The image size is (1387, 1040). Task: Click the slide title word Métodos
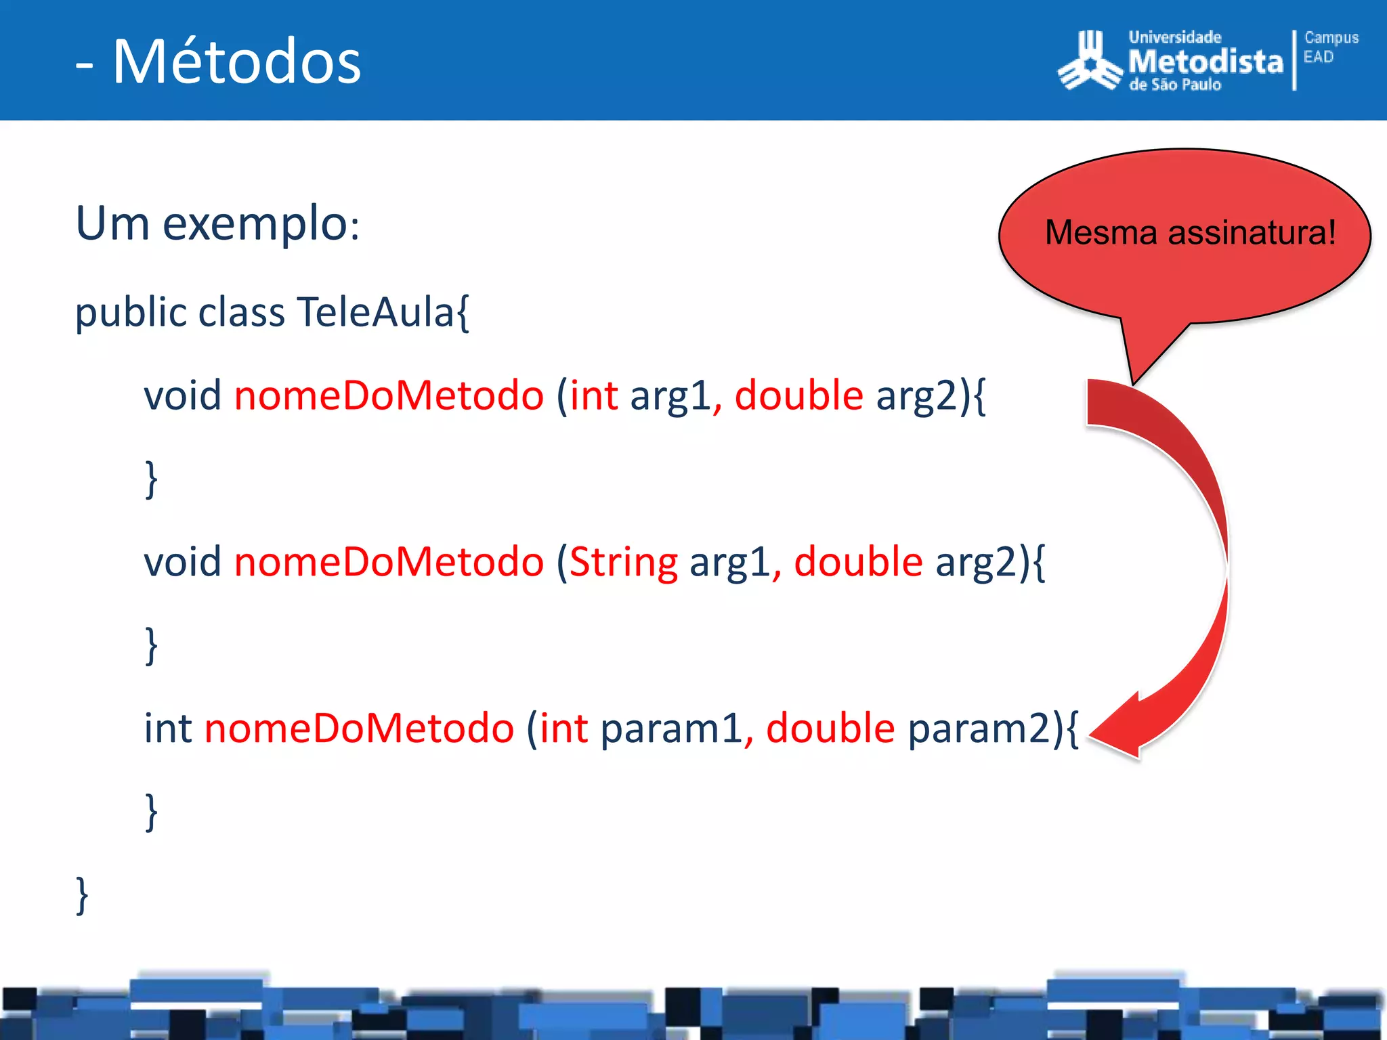(x=236, y=62)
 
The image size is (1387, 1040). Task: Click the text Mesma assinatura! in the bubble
(x=1190, y=233)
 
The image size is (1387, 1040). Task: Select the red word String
(x=624, y=563)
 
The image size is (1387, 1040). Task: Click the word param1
(x=671, y=729)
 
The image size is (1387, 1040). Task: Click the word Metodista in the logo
(x=1205, y=62)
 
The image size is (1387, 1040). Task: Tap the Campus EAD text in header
(x=1330, y=47)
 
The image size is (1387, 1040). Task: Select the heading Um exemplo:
(x=217, y=223)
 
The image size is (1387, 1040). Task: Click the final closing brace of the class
(x=82, y=895)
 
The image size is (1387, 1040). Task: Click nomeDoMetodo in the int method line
(x=359, y=729)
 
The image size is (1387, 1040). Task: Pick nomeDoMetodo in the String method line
(x=389, y=563)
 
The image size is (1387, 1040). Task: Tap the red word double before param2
(x=830, y=729)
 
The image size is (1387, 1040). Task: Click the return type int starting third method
(x=168, y=729)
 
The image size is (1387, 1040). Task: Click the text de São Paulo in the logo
(x=1175, y=85)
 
